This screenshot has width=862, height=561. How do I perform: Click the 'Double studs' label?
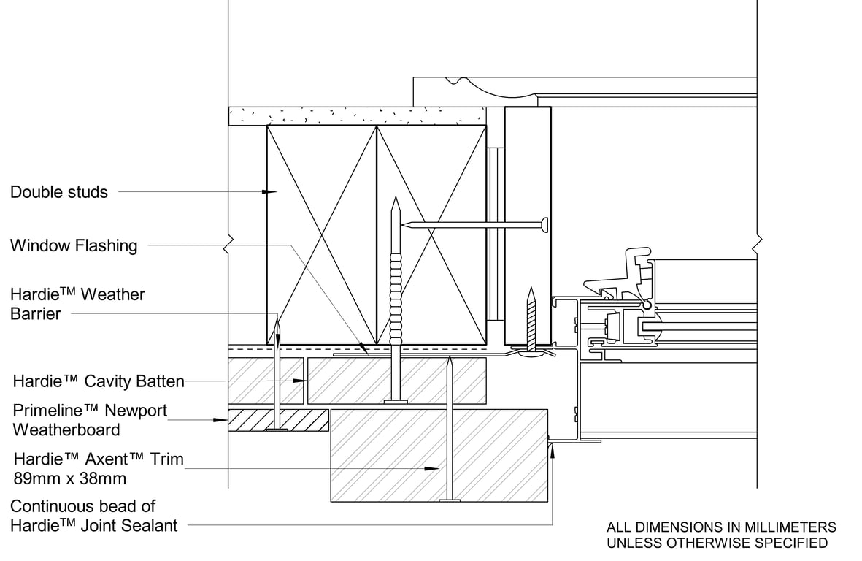(59, 192)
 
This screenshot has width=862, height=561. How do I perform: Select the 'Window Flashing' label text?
(74, 245)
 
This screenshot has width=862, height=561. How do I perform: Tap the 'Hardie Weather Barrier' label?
(77, 304)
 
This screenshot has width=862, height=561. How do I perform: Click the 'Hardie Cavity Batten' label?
(99, 381)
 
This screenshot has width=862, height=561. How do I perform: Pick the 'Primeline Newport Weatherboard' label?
(90, 420)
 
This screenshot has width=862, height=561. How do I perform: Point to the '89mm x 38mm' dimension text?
(70, 479)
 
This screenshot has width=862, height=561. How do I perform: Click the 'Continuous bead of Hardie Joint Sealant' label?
(93, 516)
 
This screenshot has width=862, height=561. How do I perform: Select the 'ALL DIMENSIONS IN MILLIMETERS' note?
(721, 527)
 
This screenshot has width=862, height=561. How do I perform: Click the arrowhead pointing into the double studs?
(271, 192)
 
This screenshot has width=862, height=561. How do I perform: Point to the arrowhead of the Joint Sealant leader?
(553, 448)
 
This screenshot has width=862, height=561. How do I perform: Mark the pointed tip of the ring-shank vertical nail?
(395, 199)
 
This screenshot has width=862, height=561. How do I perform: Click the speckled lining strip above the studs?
(357, 115)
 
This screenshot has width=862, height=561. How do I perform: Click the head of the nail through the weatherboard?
(277, 430)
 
